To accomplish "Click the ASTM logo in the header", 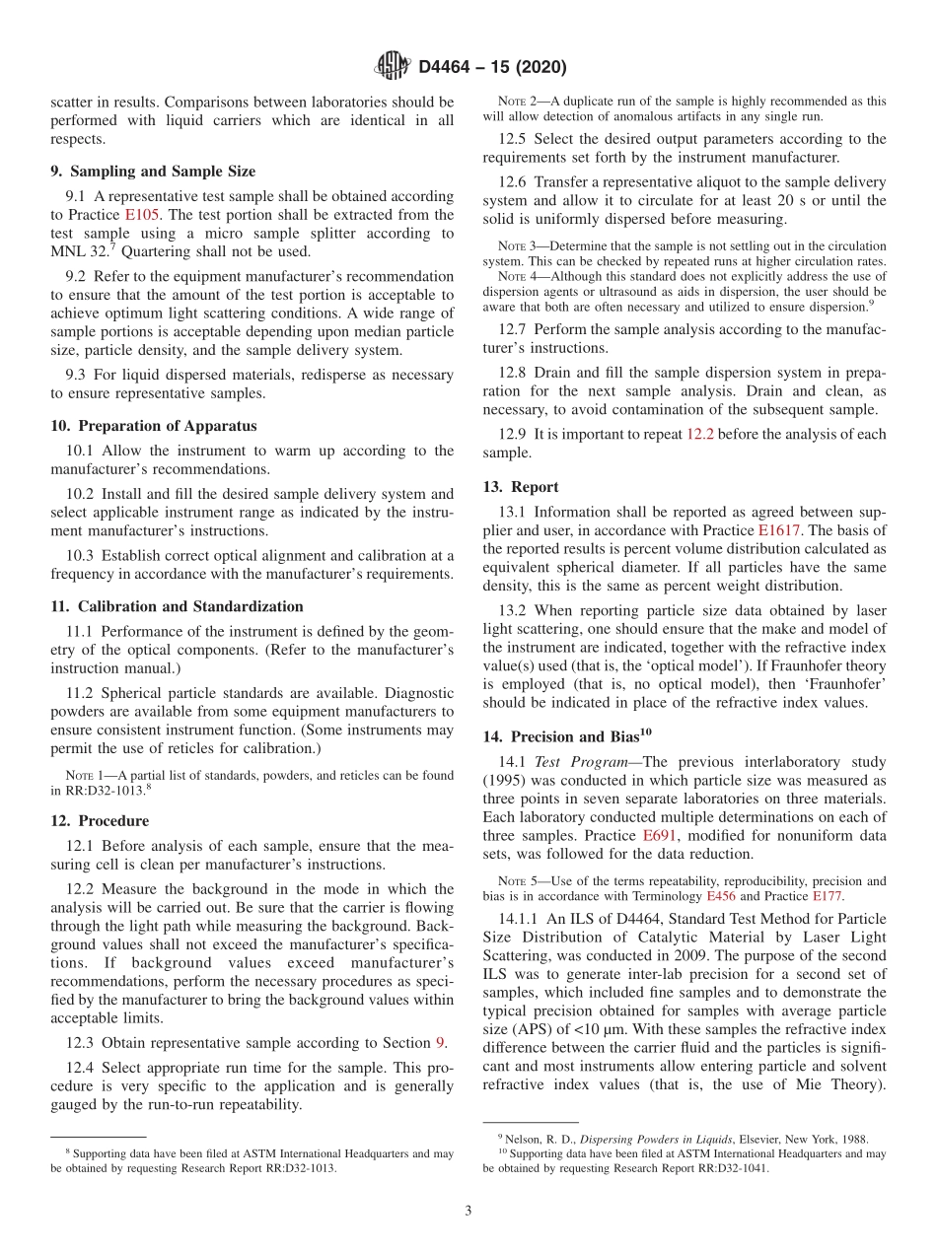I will (393, 67).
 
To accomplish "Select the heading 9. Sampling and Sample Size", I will (153, 172).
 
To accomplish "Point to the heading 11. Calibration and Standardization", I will (177, 606).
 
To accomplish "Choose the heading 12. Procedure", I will (100, 821).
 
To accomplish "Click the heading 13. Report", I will (520, 487).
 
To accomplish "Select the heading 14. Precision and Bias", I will (567, 736).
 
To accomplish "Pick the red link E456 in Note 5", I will (720, 896).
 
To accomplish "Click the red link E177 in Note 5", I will (828, 896).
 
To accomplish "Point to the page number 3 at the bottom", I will (468, 1211).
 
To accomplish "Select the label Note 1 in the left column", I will (81, 775).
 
